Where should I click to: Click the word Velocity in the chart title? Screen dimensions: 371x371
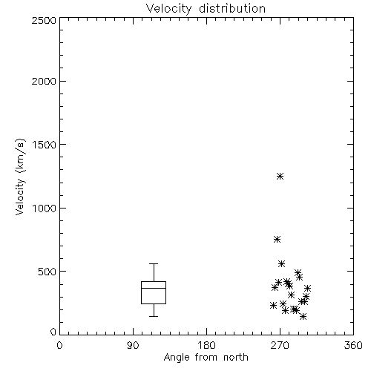(168, 9)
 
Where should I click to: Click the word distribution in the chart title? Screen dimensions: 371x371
(232, 8)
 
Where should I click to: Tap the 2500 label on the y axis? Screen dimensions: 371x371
(44, 20)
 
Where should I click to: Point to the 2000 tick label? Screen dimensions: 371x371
(44, 82)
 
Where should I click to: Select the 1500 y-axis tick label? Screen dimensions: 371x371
(45, 145)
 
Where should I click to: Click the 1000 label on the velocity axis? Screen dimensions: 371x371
(45, 209)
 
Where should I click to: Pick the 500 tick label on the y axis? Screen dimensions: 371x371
(47, 272)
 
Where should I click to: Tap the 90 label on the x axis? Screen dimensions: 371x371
(133, 345)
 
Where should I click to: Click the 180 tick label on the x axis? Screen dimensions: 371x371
(206, 345)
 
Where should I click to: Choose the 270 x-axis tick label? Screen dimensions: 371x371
(280, 345)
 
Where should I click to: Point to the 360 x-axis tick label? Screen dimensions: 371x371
(353, 345)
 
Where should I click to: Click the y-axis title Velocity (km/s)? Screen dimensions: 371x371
(20, 177)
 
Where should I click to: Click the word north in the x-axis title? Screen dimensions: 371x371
(236, 358)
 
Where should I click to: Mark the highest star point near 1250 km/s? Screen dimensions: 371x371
(280, 176)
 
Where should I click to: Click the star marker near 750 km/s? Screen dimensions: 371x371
(277, 239)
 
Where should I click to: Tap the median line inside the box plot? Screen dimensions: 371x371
(154, 288)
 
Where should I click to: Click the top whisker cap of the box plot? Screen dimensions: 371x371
(154, 263)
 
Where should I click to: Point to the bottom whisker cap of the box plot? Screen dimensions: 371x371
(154, 316)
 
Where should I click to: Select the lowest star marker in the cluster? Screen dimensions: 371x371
(303, 316)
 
